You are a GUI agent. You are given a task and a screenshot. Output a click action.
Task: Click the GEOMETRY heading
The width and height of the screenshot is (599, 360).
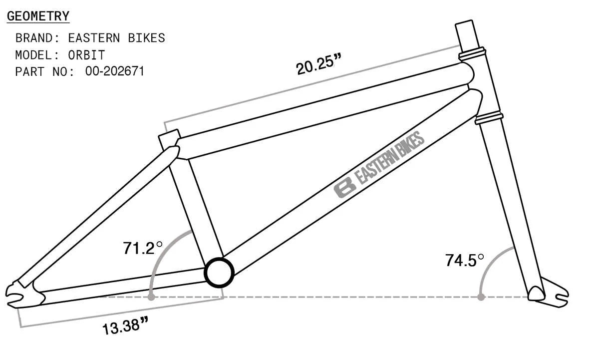[x=38, y=16]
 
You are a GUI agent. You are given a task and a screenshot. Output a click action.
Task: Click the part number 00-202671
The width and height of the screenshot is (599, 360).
[x=114, y=71]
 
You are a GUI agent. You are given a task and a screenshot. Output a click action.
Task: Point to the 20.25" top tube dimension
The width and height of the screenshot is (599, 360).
[x=318, y=64]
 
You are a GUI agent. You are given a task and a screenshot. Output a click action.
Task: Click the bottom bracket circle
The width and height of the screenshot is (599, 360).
[x=219, y=272]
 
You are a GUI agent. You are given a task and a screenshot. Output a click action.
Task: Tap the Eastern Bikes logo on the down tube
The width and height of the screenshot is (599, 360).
[x=379, y=165]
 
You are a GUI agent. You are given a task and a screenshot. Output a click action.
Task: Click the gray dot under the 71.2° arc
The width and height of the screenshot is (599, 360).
[x=151, y=297]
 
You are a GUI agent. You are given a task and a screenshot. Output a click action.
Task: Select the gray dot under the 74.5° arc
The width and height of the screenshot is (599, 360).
[x=481, y=297]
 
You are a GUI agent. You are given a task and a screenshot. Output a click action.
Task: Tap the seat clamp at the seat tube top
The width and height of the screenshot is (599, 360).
[x=169, y=139]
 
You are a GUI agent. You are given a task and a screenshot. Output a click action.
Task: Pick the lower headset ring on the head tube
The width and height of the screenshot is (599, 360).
[x=489, y=118]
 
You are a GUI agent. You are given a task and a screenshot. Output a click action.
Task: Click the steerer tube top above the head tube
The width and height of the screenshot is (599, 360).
[x=465, y=33]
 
